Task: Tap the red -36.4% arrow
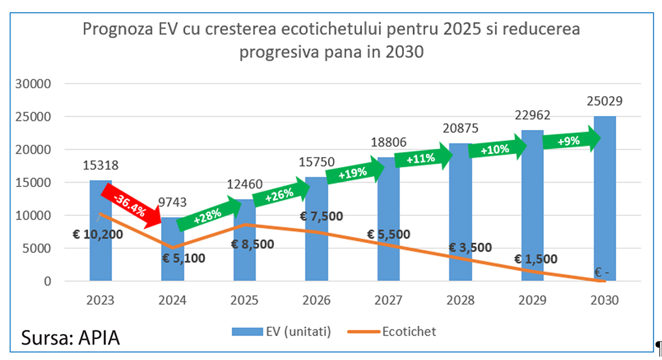tap(128, 203)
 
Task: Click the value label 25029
tap(604, 102)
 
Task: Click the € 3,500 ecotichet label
tap(470, 248)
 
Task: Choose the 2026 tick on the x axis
tap(316, 301)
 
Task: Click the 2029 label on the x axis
tap(532, 301)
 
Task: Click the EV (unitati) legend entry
tap(281, 332)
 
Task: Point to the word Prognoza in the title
tap(117, 29)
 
